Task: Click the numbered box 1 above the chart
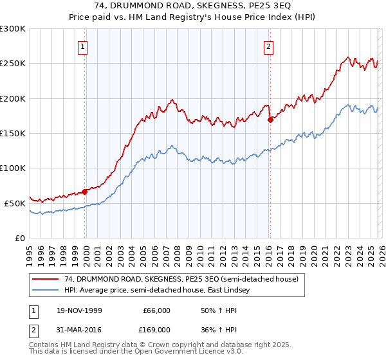[84, 46]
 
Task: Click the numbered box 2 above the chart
[268, 46]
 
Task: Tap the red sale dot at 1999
[85, 192]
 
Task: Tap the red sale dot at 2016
[270, 120]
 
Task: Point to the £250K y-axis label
[12, 64]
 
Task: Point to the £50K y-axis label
[15, 203]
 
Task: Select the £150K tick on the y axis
[12, 133]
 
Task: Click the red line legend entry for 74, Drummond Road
[181, 280]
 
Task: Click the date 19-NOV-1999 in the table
[80, 310]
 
